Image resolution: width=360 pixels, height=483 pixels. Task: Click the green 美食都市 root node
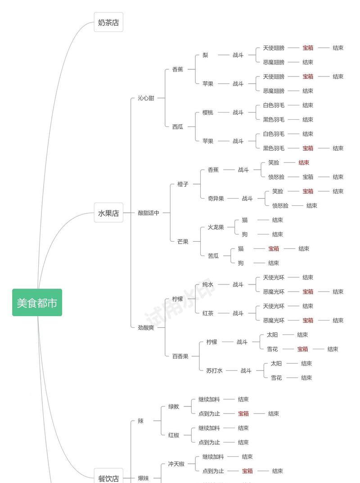coord(37,302)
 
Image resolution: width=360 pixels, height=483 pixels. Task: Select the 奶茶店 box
coord(108,22)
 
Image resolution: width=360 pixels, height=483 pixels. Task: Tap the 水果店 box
coord(108,213)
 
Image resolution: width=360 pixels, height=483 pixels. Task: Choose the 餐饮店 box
coord(108,478)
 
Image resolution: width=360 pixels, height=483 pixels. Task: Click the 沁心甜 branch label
coord(146,98)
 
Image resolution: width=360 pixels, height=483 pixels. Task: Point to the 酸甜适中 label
coord(148,213)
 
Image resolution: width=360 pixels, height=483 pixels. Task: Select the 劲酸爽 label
coord(146,327)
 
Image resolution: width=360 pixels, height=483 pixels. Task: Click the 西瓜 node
coord(178,126)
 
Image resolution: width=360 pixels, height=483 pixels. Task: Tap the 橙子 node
coord(183,184)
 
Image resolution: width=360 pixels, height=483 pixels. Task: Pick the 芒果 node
coord(183,241)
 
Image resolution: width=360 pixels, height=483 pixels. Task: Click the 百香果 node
coord(180,356)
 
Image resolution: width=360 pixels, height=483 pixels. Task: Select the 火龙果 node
coord(216,227)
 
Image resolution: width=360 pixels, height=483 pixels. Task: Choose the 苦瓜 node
coord(213,256)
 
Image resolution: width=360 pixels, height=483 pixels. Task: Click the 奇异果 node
coord(216,199)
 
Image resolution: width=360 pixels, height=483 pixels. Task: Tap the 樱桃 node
coord(207,112)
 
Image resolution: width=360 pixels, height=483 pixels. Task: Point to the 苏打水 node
coord(214,370)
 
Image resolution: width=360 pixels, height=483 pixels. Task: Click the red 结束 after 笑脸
coord(304,163)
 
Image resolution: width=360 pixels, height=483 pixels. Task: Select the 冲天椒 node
coord(176,464)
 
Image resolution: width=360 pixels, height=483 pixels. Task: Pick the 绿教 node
coord(174,406)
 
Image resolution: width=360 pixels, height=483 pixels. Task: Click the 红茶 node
coord(207,313)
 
